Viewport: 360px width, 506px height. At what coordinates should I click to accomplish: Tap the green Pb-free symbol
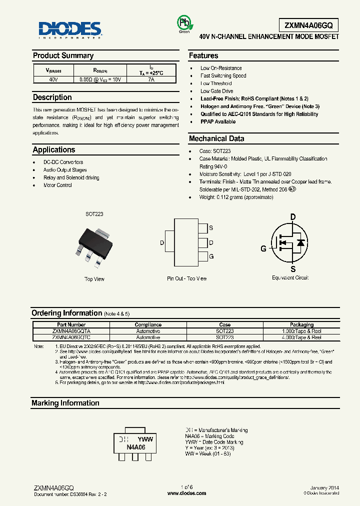coord(184,23)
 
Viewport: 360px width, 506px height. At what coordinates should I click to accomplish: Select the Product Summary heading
coord(63,55)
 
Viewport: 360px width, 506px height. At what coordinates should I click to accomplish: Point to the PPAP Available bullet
coord(218,121)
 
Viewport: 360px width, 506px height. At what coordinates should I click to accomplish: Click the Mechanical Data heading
coord(216,138)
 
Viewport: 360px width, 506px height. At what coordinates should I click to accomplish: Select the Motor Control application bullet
coord(57,185)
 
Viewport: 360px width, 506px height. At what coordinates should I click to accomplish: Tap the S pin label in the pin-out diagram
coord(211,228)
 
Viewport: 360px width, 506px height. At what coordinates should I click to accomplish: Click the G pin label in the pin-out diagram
coord(211,256)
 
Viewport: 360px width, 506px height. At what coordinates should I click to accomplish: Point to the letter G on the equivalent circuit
coord(263,248)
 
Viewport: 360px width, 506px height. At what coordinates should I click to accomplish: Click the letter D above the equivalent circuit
coord(293,216)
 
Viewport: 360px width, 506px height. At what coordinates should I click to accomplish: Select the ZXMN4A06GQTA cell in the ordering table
coord(71,331)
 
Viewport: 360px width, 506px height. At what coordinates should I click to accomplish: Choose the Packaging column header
coord(301,324)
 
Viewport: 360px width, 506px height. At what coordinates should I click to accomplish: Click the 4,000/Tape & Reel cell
coord(301,337)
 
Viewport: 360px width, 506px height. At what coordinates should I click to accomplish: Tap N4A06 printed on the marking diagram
coord(135,447)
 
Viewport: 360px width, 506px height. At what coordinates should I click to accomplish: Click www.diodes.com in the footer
coord(186,493)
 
